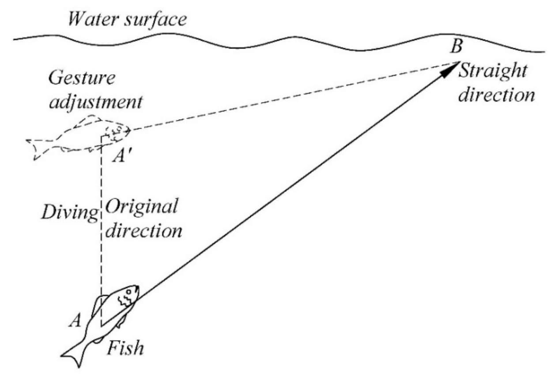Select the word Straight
[x=492, y=71]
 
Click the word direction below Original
[x=143, y=230]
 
